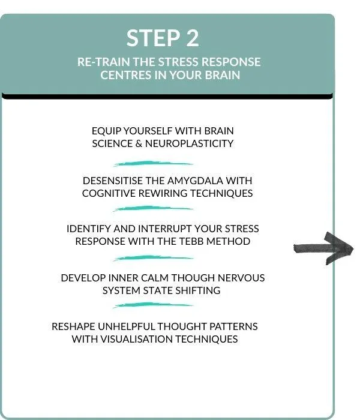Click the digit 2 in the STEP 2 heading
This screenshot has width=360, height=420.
(x=190, y=38)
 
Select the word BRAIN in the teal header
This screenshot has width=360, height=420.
(x=223, y=75)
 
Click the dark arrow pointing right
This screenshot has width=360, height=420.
(x=323, y=248)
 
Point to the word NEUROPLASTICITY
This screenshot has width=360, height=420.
(x=189, y=144)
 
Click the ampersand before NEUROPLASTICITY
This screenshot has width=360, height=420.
(x=139, y=144)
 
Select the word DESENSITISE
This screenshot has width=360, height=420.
(x=113, y=181)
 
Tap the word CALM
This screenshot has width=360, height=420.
(x=155, y=278)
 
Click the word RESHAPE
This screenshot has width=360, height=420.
(x=73, y=327)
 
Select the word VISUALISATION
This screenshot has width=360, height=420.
(x=137, y=340)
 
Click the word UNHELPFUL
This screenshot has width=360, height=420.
(x=126, y=327)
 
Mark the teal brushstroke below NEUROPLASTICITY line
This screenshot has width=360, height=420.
(x=153, y=164)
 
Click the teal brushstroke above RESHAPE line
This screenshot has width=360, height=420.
(x=153, y=305)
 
